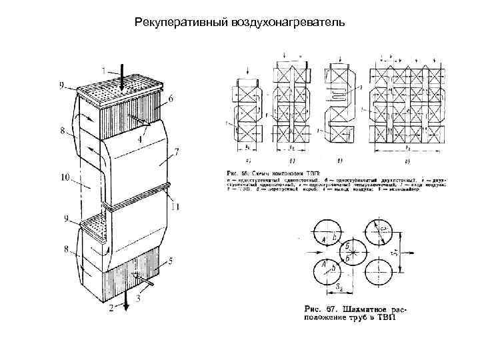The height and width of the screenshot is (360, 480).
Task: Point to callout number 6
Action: pos(171,99)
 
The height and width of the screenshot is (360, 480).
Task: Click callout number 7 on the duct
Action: pos(177,153)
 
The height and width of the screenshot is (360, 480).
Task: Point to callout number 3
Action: pos(138,297)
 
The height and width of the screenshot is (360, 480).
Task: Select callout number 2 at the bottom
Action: pos(113,308)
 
